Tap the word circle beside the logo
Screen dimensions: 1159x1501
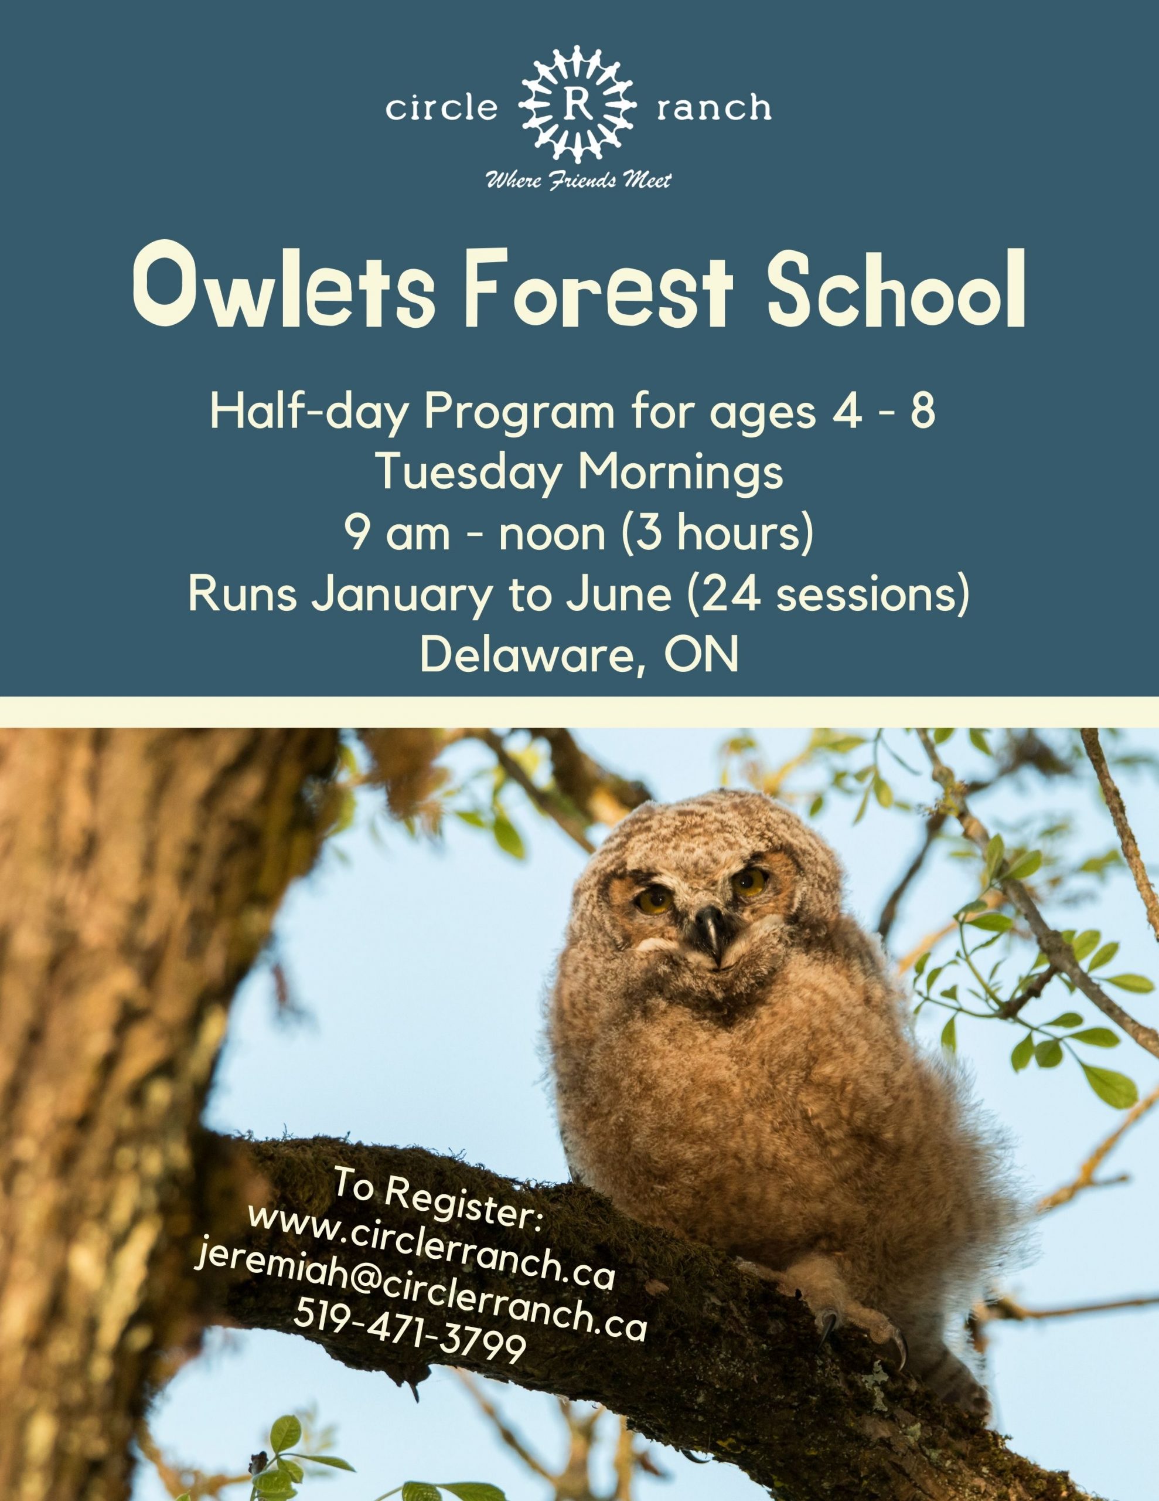click(x=441, y=108)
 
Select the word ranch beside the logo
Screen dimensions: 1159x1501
click(x=714, y=108)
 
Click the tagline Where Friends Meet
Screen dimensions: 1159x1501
click(x=578, y=180)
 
